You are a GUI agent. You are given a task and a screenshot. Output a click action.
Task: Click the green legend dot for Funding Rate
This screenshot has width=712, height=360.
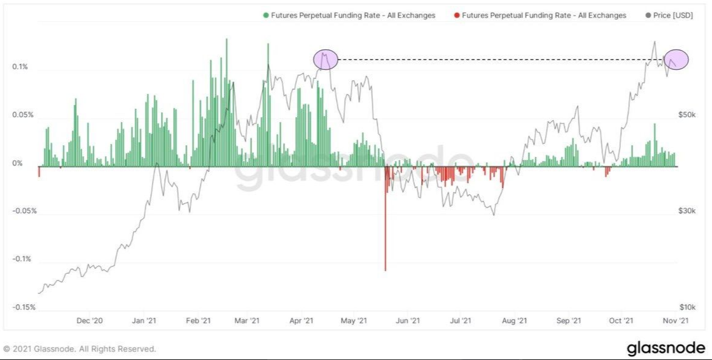(266, 15)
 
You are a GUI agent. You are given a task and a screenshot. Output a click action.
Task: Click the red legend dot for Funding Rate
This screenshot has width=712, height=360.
(457, 15)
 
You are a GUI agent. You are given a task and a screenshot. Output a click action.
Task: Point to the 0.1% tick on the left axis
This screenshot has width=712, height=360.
(19, 67)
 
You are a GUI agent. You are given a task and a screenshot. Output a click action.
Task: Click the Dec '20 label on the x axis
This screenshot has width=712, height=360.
(90, 320)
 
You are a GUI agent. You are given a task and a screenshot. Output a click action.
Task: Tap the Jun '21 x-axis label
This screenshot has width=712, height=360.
(408, 320)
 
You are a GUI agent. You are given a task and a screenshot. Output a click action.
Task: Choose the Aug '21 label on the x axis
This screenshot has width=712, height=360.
(515, 320)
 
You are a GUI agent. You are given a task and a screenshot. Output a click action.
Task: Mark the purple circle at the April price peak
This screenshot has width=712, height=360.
(325, 59)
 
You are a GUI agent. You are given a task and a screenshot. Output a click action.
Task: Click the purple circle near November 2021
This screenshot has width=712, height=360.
(676, 59)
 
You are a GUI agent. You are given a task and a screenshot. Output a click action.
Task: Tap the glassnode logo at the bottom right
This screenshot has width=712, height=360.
(665, 348)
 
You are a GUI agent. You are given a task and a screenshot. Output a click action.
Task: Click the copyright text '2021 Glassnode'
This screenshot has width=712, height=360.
(79, 349)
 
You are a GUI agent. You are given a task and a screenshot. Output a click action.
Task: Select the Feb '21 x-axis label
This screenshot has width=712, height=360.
(198, 320)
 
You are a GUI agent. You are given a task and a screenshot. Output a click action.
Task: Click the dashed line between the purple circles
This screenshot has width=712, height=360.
(498, 59)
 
